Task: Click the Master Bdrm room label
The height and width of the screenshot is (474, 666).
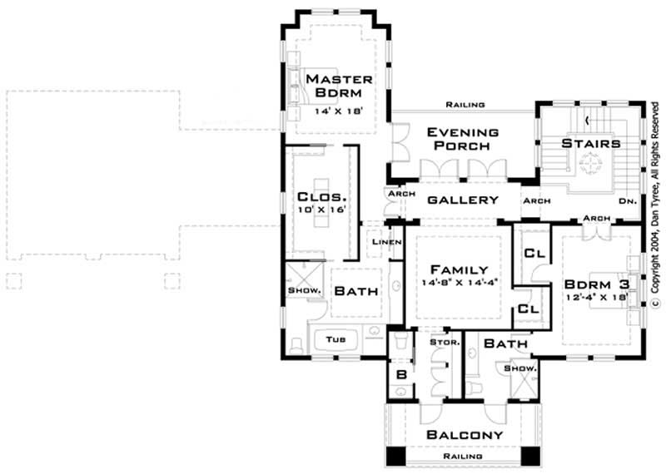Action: pos(337,86)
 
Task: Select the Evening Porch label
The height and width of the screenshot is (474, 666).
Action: pos(463,140)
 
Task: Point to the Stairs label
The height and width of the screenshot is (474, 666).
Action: pos(592,144)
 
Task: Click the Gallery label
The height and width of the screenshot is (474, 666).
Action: pos(463,200)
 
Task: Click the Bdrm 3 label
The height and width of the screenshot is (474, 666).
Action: pos(594,284)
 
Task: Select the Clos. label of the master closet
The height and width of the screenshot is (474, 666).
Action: pos(321,198)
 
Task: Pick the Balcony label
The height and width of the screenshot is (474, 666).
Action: pos(465,435)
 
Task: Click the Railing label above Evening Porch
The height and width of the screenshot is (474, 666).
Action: pos(465,106)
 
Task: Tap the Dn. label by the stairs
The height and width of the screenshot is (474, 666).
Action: pos(628,200)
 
